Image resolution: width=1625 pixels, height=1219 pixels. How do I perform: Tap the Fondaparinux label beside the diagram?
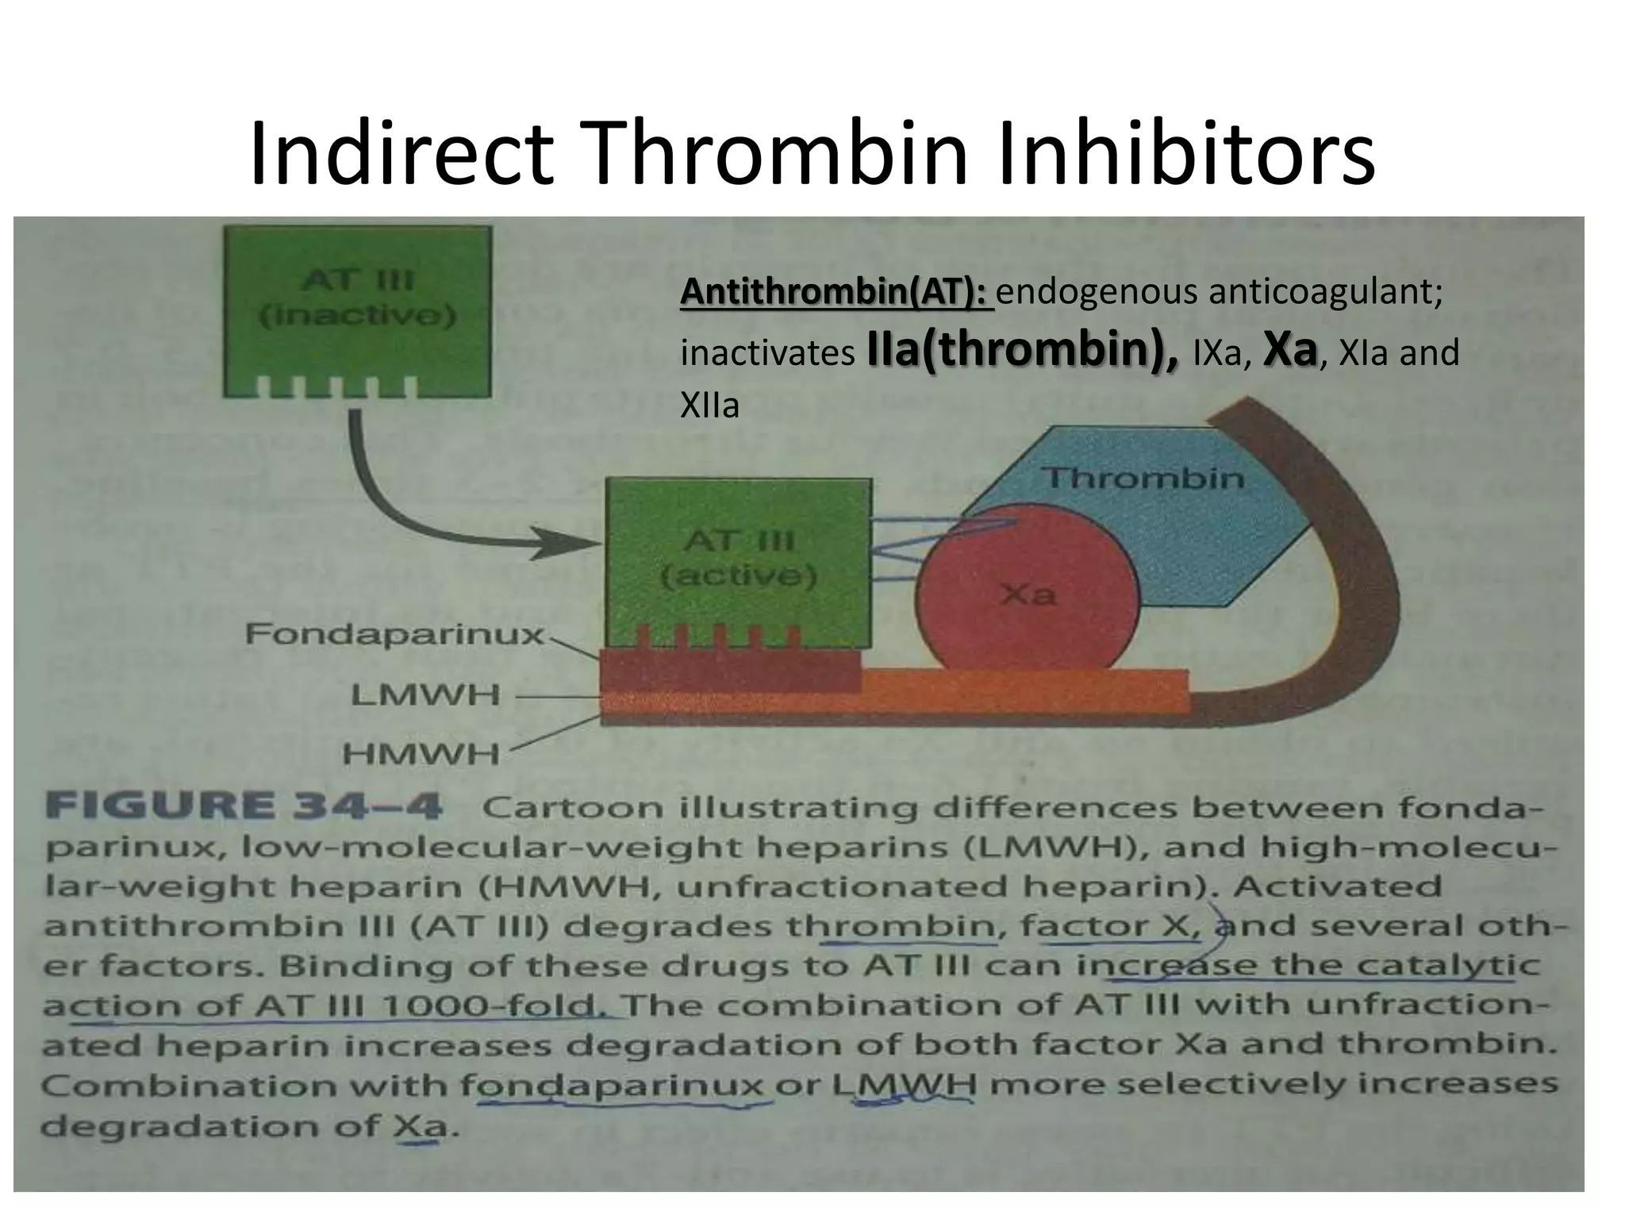coord(394,634)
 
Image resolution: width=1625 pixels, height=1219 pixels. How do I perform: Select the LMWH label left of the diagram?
coord(426,696)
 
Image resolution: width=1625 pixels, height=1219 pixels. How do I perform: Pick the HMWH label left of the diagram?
coord(421,753)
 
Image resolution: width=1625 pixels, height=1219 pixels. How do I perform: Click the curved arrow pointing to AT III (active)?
coord(413,508)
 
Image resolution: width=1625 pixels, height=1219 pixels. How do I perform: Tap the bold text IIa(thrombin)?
coord(1024,350)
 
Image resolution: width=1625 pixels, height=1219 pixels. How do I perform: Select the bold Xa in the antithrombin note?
coord(1289,350)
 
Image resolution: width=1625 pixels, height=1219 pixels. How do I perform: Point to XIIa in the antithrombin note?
coord(709,406)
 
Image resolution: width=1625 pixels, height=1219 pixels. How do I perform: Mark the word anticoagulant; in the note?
coord(1325,293)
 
